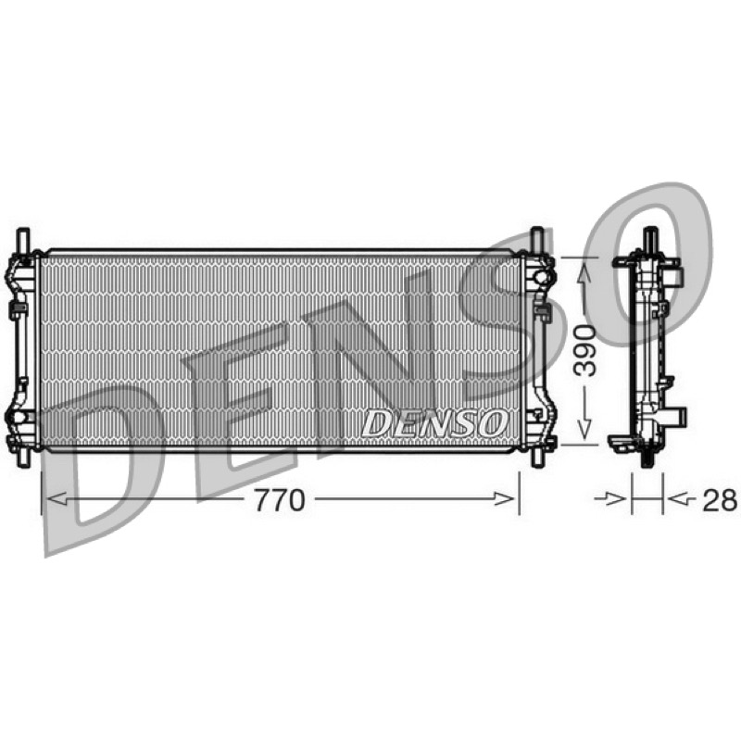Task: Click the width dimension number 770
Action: click(280, 500)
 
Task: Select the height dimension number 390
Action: click(585, 350)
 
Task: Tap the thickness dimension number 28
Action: click(720, 500)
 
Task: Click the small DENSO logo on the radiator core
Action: click(434, 423)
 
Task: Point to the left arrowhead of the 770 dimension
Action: click(57, 498)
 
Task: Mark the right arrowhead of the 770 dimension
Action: click(504, 498)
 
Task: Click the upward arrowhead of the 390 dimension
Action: click(584, 275)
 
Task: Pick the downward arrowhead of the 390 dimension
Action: click(584, 429)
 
